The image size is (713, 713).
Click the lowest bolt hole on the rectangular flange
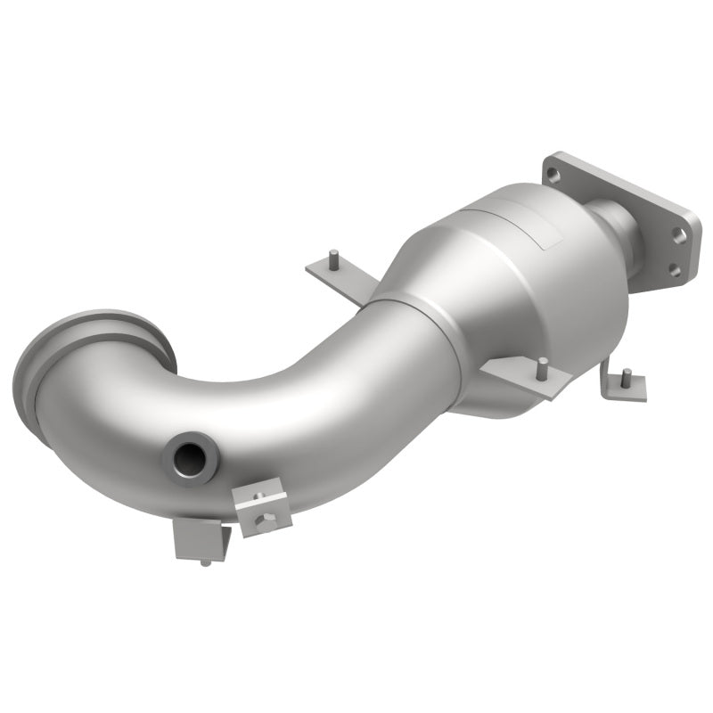(x=674, y=270)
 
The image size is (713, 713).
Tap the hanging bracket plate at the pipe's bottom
(x=198, y=540)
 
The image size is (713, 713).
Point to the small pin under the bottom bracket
(x=207, y=561)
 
